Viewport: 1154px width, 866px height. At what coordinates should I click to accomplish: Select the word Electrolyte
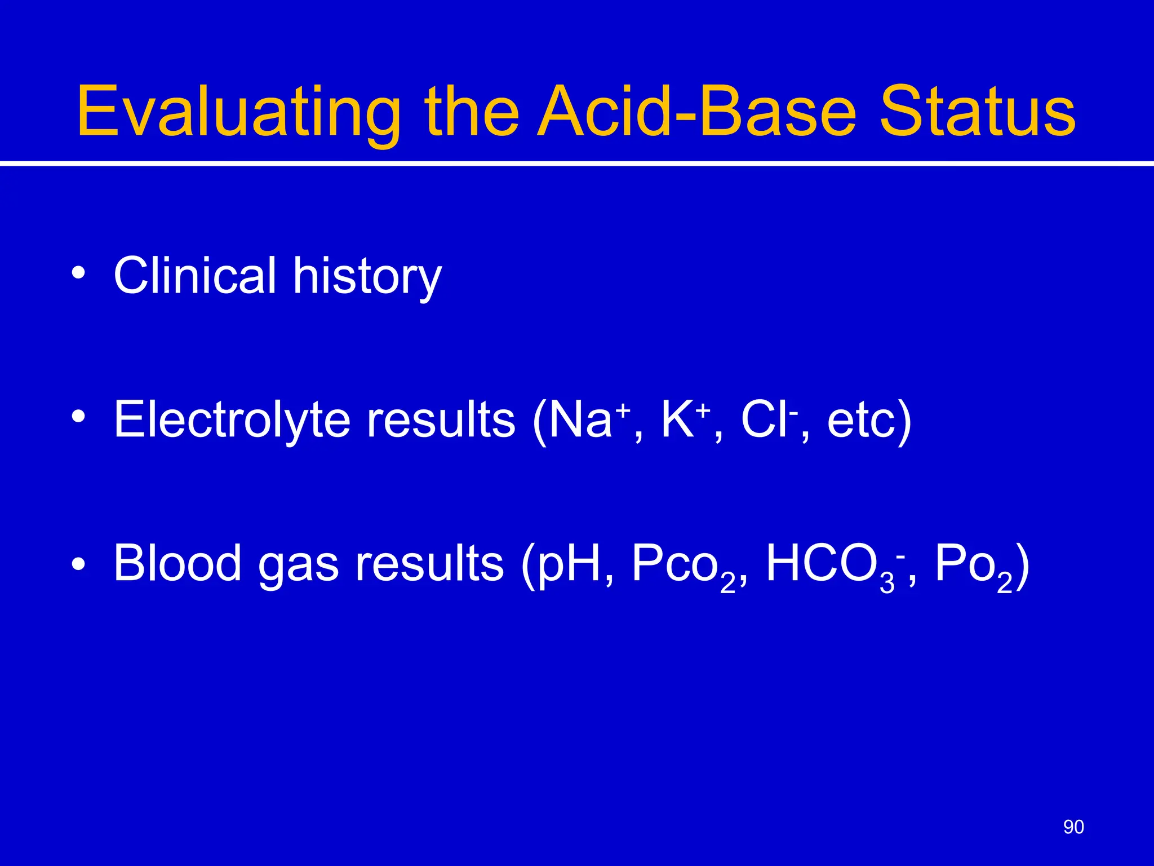click(232, 419)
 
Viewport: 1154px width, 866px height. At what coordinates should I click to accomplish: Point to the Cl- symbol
click(769, 419)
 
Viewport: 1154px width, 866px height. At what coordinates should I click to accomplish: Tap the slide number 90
click(1073, 827)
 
